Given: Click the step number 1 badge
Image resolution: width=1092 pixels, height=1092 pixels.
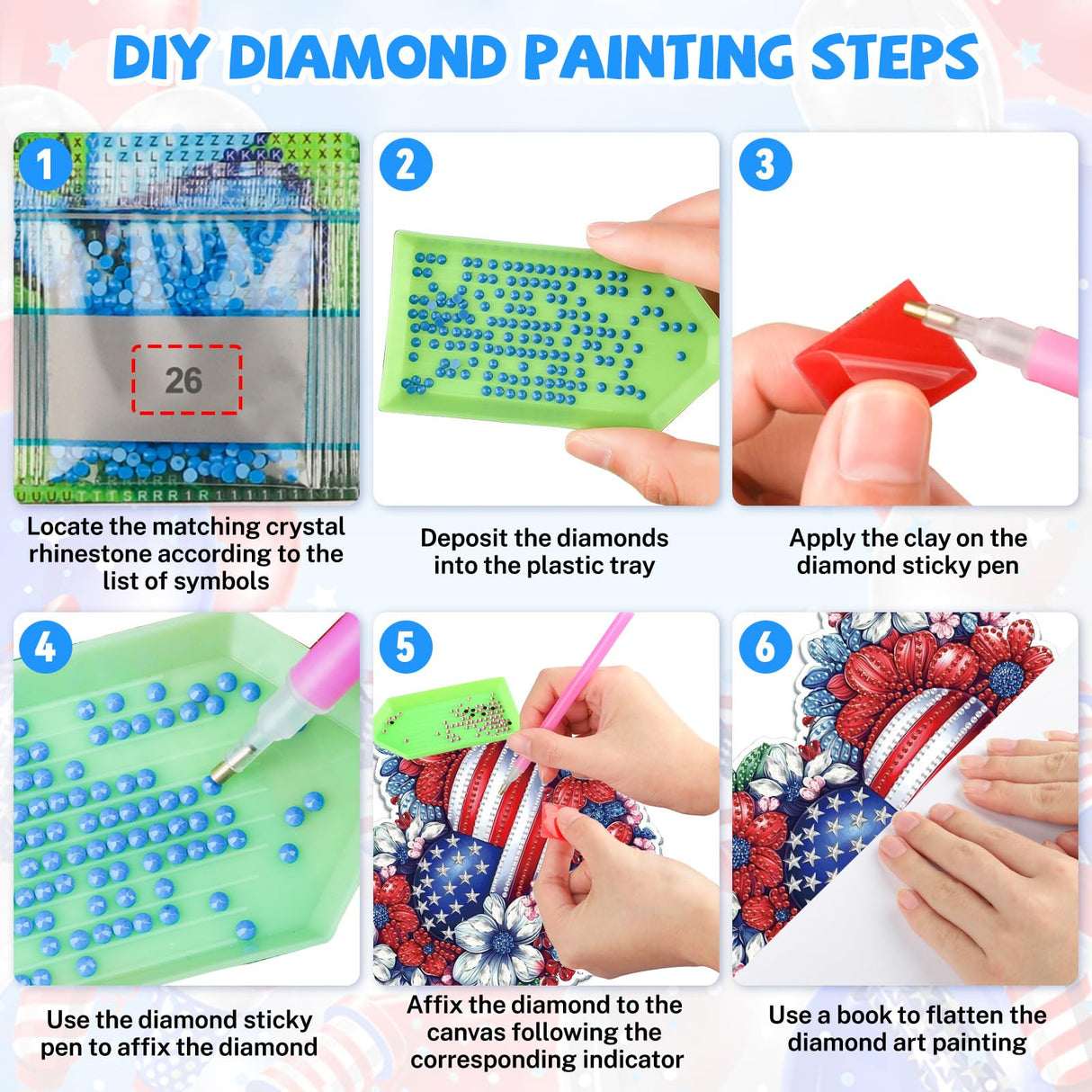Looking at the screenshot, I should [43, 164].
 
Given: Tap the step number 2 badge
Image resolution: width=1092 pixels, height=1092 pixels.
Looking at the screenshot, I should [405, 165].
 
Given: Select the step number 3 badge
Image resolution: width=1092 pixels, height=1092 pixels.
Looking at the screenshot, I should [764, 165].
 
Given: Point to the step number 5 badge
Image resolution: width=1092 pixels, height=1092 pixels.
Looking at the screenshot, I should [405, 646].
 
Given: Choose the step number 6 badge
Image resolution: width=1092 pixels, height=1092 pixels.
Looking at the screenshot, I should [764, 646].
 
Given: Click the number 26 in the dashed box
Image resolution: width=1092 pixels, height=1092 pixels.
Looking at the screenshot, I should [183, 380].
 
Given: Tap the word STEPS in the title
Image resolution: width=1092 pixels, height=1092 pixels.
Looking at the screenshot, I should [894, 58].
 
